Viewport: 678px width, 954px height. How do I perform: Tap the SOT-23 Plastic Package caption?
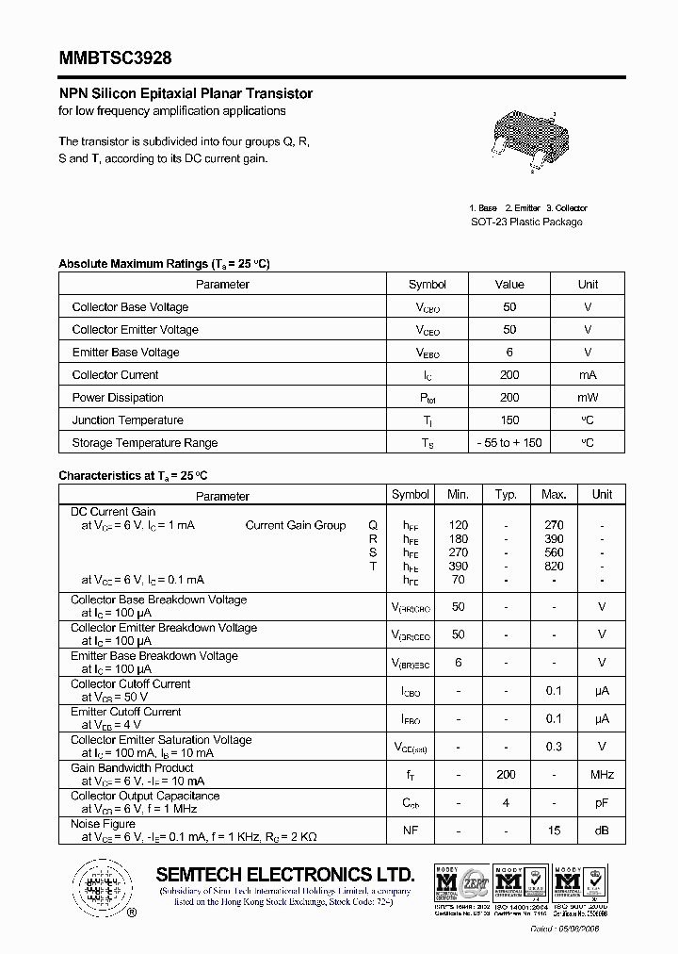pyautogui.click(x=526, y=222)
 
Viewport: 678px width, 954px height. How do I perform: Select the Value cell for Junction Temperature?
pyautogui.click(x=509, y=420)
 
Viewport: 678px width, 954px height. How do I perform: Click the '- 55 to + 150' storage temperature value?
pyautogui.click(x=509, y=443)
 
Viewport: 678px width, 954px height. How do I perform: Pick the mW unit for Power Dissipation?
pyautogui.click(x=588, y=398)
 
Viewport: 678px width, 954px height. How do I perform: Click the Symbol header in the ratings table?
pyautogui.click(x=428, y=285)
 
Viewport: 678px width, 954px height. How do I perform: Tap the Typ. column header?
pyautogui.click(x=507, y=494)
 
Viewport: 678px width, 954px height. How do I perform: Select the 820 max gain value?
pyautogui.click(x=554, y=567)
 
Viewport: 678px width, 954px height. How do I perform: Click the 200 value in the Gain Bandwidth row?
pyautogui.click(x=507, y=775)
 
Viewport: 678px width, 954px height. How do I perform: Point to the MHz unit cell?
pyautogui.click(x=602, y=775)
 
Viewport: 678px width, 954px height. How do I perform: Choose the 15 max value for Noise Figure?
pyautogui.click(x=554, y=831)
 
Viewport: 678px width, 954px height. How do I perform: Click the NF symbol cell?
pyautogui.click(x=411, y=831)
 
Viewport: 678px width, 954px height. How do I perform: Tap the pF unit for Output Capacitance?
pyautogui.click(x=602, y=803)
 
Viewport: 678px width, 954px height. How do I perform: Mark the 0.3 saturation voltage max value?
pyautogui.click(x=554, y=747)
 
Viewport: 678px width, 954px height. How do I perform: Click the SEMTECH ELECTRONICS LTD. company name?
pyautogui.click(x=285, y=874)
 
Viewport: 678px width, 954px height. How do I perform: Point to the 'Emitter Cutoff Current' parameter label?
pyautogui.click(x=126, y=712)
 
